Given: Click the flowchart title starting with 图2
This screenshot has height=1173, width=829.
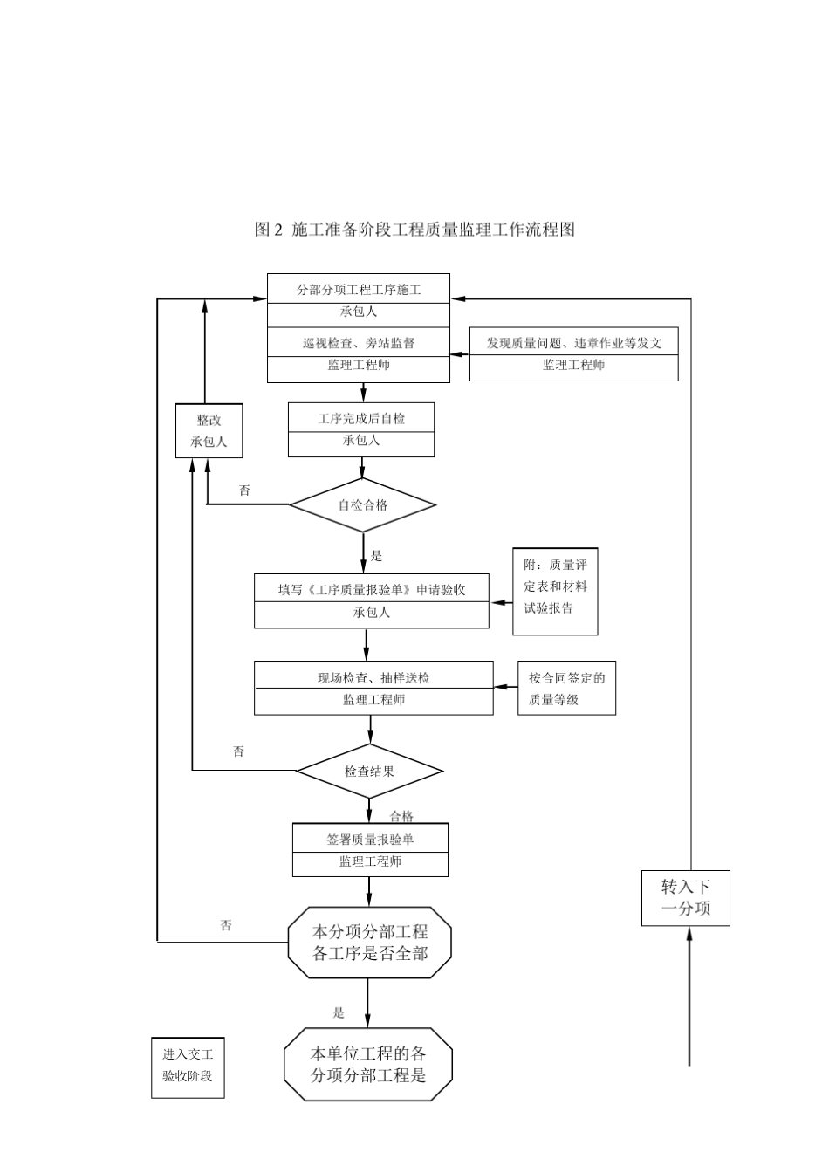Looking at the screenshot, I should tap(414, 230).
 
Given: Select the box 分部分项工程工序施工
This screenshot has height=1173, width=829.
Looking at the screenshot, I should tap(359, 290).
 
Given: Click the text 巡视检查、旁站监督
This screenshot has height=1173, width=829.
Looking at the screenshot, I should tap(359, 343).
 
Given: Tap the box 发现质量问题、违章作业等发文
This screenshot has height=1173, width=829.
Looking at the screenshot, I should tap(573, 353).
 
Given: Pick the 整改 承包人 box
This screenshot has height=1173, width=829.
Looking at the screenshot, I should tap(209, 430).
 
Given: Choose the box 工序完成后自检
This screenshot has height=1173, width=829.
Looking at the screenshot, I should tap(361, 429).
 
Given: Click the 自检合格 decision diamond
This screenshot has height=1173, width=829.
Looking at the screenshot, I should tap(363, 504).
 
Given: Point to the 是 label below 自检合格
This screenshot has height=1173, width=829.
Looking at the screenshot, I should tap(377, 556).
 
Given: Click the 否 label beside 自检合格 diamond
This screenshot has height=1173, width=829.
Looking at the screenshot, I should tap(244, 490).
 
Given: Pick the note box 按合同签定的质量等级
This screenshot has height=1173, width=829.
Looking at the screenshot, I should tap(566, 688).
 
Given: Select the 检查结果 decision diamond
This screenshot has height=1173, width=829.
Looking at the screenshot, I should tap(369, 771).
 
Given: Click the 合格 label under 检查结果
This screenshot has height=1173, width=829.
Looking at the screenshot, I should tap(401, 816).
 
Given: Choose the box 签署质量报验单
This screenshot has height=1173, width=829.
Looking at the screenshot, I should tap(370, 849).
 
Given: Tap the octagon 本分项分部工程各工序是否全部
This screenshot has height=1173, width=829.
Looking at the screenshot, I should tap(370, 943).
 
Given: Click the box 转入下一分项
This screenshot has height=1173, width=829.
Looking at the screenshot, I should tap(686, 898).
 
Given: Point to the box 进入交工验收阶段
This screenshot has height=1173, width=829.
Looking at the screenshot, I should tap(188, 1066).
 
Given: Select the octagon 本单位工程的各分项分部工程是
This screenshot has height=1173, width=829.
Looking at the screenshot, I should tap(368, 1065).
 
